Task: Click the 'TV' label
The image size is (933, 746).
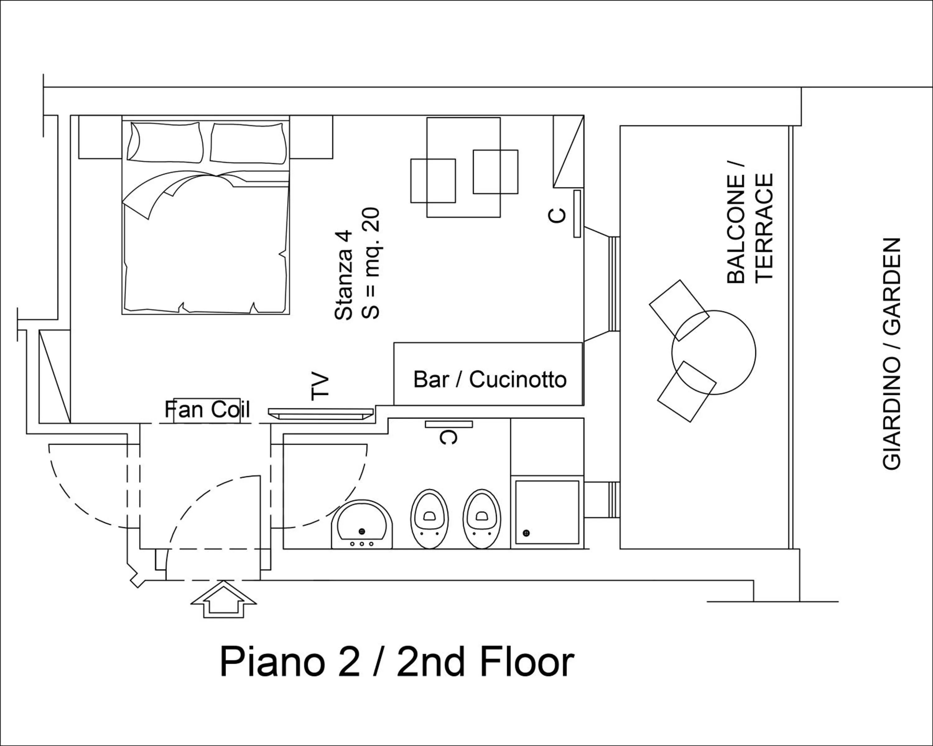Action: pos(321,386)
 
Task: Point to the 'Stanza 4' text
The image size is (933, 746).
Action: pos(344,275)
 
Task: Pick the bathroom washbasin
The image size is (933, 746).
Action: pos(362,525)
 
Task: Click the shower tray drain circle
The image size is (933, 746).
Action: pos(527,533)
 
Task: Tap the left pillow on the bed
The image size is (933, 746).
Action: pos(166,142)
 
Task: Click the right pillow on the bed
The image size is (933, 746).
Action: pos(249,144)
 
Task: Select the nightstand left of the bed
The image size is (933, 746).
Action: pos(100,137)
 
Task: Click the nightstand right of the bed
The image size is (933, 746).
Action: pos(311,137)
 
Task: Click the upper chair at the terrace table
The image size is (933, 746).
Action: pos(679,310)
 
